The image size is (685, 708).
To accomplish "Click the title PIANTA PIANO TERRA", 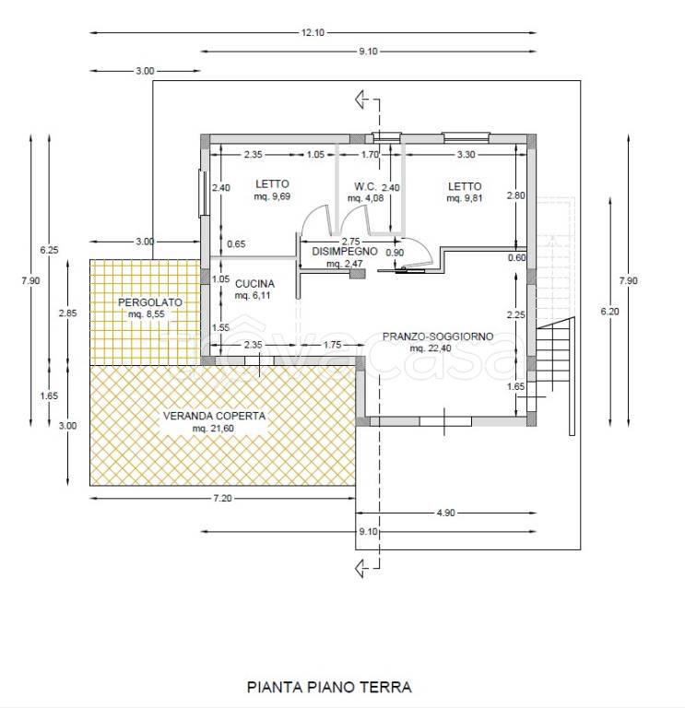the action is pos(329,687).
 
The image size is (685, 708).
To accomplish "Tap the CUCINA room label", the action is pos(254,284).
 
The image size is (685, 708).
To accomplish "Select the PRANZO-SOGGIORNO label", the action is pos(438,336).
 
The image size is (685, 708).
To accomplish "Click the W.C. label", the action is pos(365,186).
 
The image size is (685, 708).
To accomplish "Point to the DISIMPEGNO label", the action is pos(345,251).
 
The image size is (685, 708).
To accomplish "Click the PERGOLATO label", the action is pos(150,302).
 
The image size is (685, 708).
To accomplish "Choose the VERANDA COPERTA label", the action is pos(214,416).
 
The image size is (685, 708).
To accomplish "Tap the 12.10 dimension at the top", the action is pos(313,32).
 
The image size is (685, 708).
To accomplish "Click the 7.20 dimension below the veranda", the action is pos(222,498).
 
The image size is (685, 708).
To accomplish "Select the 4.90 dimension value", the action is pos(445,513).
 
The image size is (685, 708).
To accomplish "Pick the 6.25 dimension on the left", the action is pos(49,250).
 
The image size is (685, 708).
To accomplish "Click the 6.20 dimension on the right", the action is pos(609,311).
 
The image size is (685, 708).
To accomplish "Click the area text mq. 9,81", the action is pos(465,198).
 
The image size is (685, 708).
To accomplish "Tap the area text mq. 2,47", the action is pos(344,263).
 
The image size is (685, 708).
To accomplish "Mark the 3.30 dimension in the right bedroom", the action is pos(466,155).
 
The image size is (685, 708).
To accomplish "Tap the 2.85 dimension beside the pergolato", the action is pos(67,313).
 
